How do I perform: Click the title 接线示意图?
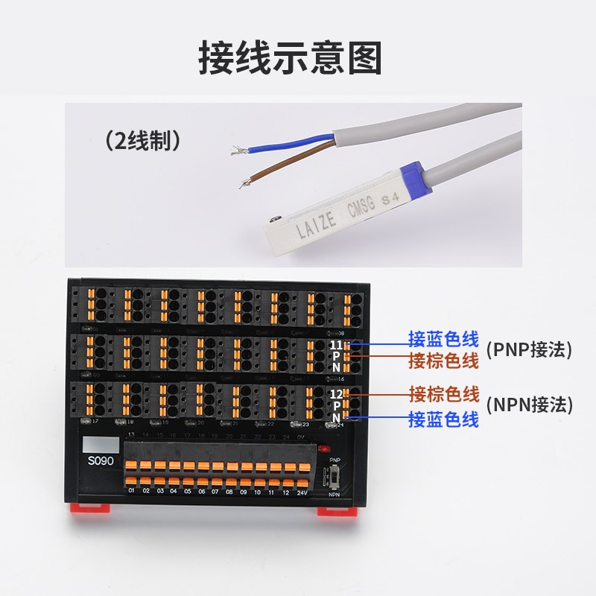coord(290,57)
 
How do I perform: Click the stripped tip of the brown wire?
coord(244,181)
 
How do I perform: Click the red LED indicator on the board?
coord(323,450)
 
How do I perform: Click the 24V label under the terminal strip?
coord(302,492)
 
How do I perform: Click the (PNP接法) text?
coord(528,349)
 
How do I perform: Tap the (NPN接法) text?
coord(528,405)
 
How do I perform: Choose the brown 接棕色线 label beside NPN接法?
coord(444,393)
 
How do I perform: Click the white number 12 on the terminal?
coord(336,393)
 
